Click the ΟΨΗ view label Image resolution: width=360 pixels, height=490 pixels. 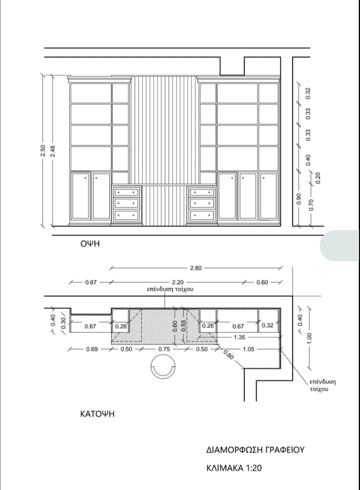pyautogui.click(x=90, y=244)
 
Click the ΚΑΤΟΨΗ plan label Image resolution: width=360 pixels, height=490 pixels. pyautogui.click(x=97, y=414)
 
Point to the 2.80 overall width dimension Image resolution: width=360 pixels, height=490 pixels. pyautogui.click(x=196, y=268)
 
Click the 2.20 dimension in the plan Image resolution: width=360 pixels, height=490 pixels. pyautogui.click(x=178, y=282)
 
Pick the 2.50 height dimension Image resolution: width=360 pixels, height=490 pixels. pyautogui.click(x=43, y=151)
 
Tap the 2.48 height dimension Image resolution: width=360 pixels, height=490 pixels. pyautogui.click(x=53, y=151)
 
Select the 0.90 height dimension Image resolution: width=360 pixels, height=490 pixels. pyautogui.click(x=299, y=199)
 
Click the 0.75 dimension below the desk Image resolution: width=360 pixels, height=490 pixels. pyautogui.click(x=164, y=349)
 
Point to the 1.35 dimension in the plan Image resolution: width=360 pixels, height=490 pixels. pyautogui.click(x=239, y=337)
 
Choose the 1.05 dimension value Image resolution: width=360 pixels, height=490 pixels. pyautogui.click(x=249, y=349)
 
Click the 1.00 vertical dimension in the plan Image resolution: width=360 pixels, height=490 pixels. pyautogui.click(x=309, y=338)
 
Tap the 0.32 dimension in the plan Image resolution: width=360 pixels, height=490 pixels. pyautogui.click(x=268, y=325)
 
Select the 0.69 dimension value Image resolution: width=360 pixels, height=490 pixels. pyautogui.click(x=92, y=349)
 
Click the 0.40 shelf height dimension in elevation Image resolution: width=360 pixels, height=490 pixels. pyautogui.click(x=308, y=160)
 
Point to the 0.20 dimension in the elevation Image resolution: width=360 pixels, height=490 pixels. pyautogui.click(x=318, y=178)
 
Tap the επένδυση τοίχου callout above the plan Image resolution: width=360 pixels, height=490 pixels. pyautogui.click(x=170, y=289)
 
